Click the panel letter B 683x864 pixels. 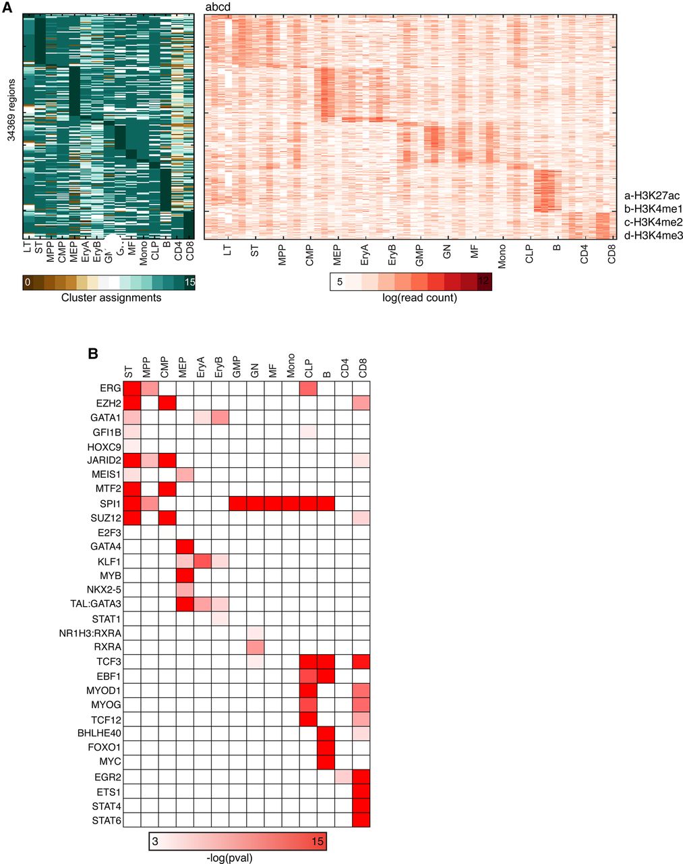(x=94, y=354)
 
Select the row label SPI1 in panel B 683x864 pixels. (x=108, y=503)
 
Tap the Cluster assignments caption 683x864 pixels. (x=111, y=298)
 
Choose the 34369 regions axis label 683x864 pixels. (x=11, y=107)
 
